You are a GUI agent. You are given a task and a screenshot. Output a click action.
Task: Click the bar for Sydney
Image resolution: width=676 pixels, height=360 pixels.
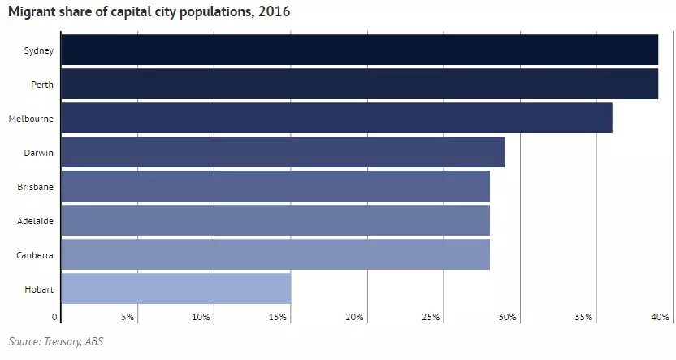coord(360,50)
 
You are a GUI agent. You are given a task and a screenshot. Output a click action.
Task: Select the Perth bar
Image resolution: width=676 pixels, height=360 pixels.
coord(360,84)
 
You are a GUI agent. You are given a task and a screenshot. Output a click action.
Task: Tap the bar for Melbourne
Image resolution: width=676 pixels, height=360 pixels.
coord(336,118)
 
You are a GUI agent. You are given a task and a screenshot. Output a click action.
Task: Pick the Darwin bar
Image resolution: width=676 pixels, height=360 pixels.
coord(284,152)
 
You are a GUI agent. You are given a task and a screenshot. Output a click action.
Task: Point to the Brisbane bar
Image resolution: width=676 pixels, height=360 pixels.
coord(275,186)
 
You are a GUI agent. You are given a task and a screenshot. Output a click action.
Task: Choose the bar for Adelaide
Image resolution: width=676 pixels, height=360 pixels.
coord(275,220)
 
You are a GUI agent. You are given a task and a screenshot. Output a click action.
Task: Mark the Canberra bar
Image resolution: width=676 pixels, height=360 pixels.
coord(275,254)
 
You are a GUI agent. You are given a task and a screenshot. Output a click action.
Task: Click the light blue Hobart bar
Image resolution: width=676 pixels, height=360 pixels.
coord(175,288)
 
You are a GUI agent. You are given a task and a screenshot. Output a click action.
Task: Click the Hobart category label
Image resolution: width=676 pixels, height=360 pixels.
coord(39,289)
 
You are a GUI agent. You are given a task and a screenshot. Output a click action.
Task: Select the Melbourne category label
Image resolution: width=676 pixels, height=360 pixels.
coord(31,119)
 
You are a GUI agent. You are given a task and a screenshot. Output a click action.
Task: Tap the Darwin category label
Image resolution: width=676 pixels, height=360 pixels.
coord(39,153)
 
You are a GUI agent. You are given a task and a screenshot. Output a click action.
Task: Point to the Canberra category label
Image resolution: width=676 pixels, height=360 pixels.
coord(35,255)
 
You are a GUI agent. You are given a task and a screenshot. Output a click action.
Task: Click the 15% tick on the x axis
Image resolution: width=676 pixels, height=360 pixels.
coord(278,317)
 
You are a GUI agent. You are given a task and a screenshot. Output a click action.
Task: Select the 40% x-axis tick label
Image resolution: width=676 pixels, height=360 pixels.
coord(660,317)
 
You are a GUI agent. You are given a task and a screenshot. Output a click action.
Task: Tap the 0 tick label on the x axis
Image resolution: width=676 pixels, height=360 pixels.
coord(54,317)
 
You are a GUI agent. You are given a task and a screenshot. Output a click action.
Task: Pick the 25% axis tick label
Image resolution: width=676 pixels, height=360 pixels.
coord(431,317)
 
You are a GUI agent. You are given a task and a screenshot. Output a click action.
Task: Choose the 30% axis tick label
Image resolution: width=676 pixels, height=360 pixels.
coord(508,317)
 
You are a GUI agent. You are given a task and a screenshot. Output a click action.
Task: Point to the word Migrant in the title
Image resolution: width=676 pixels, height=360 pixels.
coord(32,11)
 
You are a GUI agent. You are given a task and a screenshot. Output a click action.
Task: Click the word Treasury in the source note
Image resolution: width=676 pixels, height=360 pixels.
coord(62,342)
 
